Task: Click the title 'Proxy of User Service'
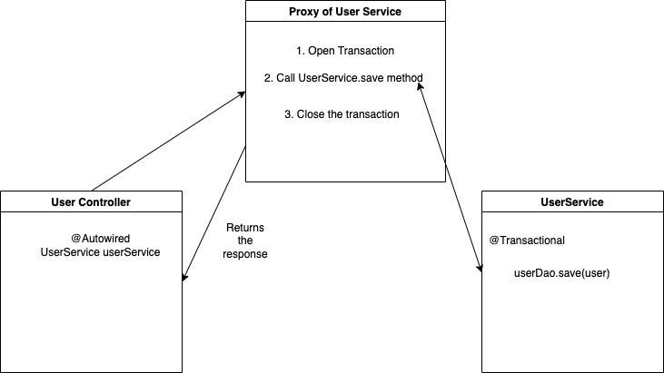[345, 12]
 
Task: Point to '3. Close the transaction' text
[342, 114]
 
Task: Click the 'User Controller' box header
[91, 201]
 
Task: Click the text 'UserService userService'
[100, 251]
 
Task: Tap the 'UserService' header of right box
[571, 201]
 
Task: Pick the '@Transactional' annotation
[527, 240]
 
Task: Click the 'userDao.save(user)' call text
[561, 272]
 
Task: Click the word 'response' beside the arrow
[244, 255]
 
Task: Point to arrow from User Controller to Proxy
[168, 141]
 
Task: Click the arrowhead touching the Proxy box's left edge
[243, 92]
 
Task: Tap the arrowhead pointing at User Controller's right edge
[185, 278]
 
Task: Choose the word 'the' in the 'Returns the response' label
[244, 240]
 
